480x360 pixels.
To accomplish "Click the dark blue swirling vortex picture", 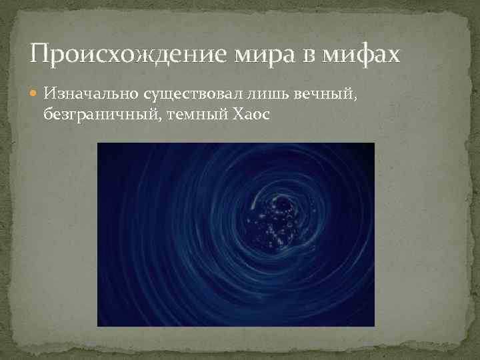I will (235, 235).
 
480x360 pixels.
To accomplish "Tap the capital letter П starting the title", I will (40, 53).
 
